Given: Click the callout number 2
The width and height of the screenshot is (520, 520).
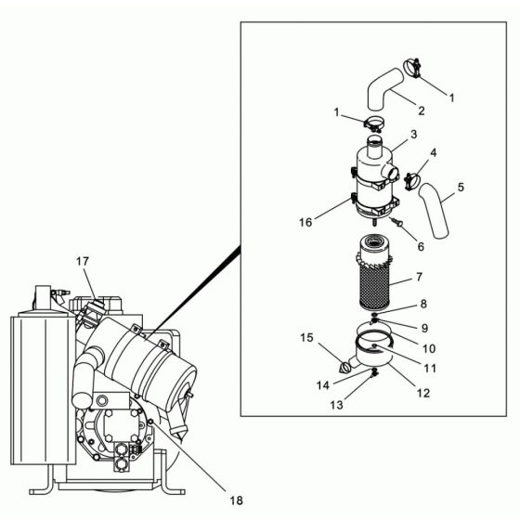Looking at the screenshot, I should (421, 111).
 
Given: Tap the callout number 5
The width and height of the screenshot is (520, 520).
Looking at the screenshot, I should (461, 187).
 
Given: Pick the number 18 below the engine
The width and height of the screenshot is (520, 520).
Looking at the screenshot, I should (236, 500).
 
